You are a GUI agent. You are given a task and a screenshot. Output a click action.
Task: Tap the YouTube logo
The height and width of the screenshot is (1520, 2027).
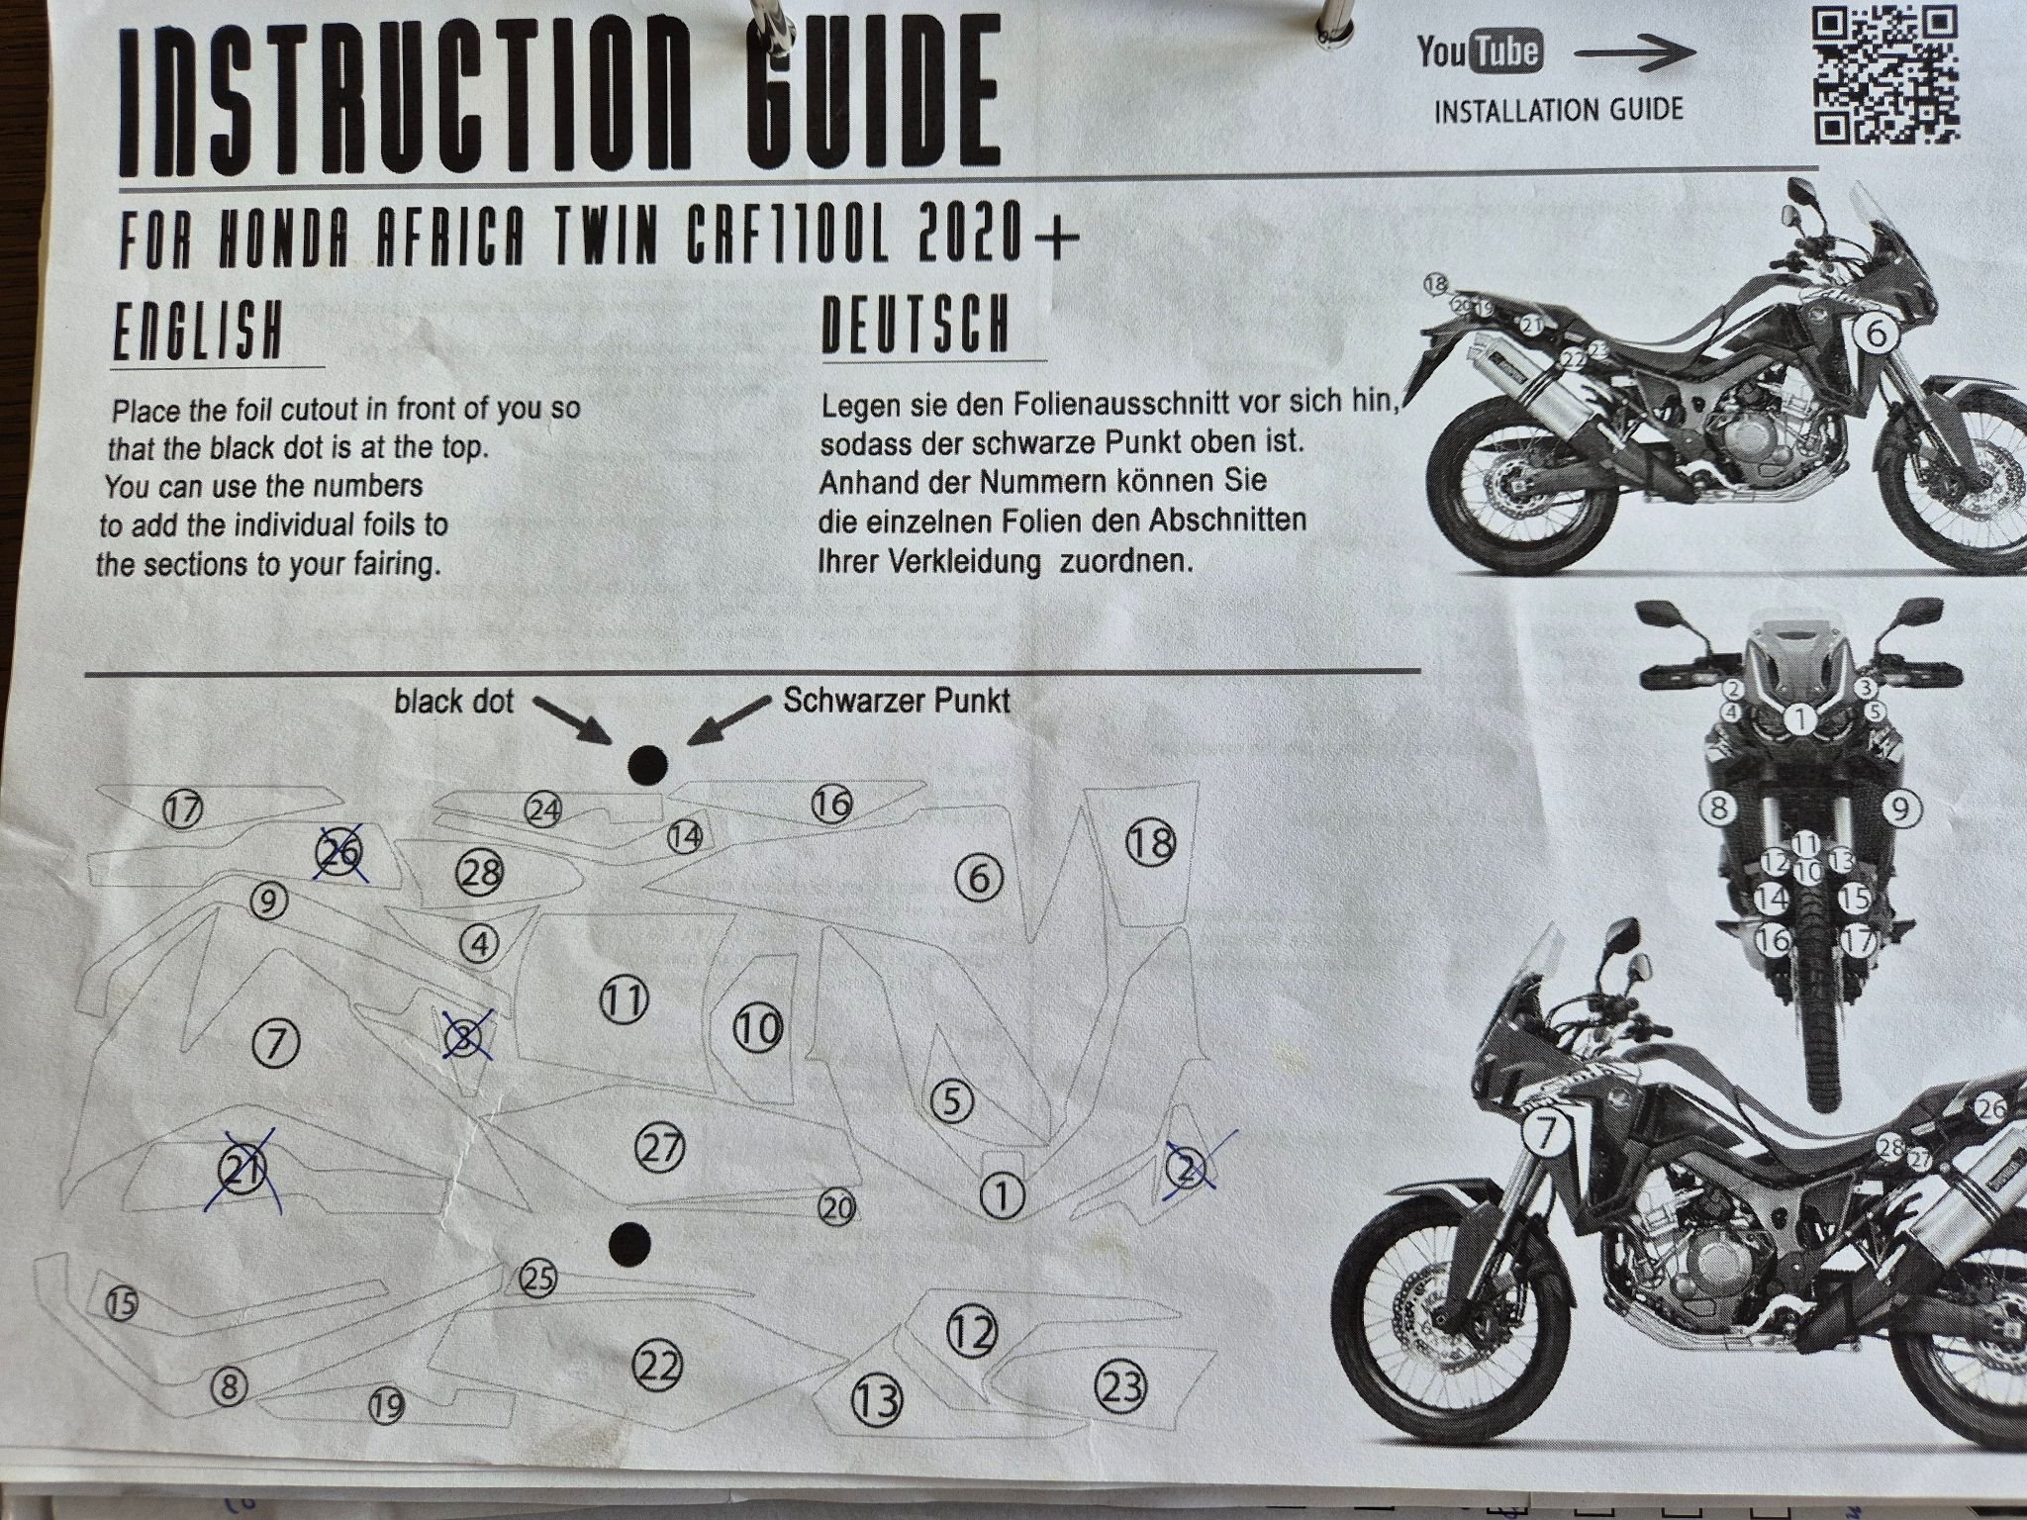pyautogui.click(x=1479, y=51)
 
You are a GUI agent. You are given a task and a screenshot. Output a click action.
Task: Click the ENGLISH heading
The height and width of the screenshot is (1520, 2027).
pyautogui.click(x=197, y=332)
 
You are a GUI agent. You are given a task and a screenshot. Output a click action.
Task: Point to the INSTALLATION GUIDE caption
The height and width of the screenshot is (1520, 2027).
pyautogui.click(x=1558, y=109)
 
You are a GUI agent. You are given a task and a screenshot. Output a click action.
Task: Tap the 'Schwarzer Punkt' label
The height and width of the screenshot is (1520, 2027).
pyautogui.click(x=897, y=701)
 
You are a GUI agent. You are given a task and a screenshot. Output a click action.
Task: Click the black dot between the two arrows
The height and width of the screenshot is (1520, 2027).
pyautogui.click(x=648, y=765)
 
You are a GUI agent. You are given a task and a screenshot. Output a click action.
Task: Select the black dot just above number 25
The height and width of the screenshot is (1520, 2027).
pyautogui.click(x=629, y=1242)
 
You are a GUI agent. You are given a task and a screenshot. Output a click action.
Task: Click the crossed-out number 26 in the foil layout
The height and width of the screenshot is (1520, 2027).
pyautogui.click(x=339, y=853)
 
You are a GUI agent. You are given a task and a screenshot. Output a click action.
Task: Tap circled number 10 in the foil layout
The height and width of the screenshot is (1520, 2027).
pyautogui.click(x=759, y=1030)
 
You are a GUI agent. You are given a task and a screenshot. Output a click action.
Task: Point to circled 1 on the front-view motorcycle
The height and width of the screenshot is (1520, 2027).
pyautogui.click(x=1801, y=719)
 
